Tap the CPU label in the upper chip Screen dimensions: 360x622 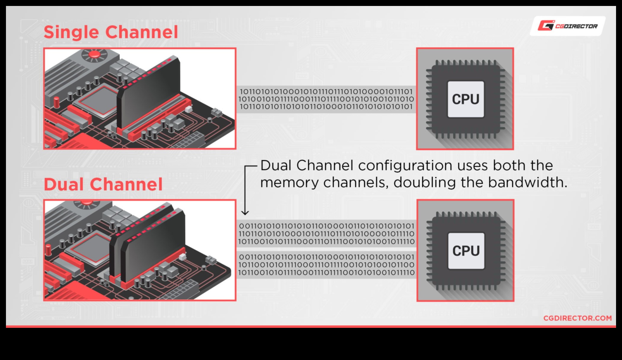coord(466,99)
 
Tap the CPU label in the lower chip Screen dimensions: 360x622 coord(466,251)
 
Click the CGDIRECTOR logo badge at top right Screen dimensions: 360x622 coord(567,26)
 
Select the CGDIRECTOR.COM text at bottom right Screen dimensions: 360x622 coord(577,318)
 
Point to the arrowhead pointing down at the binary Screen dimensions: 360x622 coord(245,212)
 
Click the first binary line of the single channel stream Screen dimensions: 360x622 coord(326,91)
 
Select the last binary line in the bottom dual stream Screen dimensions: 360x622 coord(326,272)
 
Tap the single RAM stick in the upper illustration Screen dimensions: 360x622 coord(149,92)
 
